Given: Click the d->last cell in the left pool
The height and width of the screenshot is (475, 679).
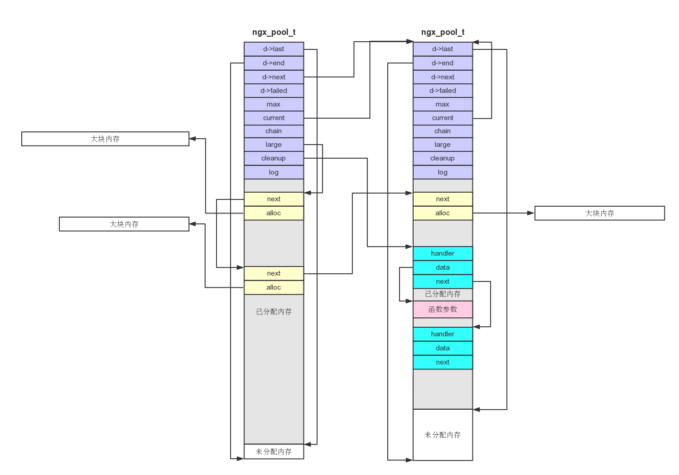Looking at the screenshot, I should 274,49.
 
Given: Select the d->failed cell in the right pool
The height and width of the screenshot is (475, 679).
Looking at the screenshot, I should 443,91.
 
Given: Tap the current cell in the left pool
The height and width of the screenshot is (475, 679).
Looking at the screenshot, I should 274,118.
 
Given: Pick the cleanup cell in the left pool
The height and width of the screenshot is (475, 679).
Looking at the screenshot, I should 274,158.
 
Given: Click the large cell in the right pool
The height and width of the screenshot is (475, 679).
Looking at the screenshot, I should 443,145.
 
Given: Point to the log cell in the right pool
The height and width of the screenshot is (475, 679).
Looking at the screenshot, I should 443,172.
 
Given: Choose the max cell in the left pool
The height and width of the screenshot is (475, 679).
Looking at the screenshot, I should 274,104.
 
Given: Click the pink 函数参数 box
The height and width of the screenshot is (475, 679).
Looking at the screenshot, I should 443,310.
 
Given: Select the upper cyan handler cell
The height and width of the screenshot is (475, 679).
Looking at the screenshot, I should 443,253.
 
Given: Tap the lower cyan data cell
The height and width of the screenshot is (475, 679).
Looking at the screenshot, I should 443,348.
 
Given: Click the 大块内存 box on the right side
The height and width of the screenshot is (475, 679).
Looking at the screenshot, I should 599,213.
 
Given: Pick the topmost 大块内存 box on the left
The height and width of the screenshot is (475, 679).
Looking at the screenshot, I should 105,139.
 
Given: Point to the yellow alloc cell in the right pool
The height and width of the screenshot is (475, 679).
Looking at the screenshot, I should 443,213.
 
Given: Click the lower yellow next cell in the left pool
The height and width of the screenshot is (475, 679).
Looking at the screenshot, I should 274,273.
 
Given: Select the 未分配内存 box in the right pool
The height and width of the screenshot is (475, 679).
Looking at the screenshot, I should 443,435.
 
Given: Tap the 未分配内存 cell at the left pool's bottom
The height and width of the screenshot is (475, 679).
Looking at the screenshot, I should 274,451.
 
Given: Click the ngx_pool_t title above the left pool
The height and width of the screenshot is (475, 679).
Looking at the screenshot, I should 274,32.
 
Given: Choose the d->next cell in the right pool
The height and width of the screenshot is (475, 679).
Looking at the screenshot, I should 443,77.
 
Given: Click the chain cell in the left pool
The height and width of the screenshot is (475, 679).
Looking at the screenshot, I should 274,131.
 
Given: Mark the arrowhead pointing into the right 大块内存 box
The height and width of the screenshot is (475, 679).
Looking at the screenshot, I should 531,213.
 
